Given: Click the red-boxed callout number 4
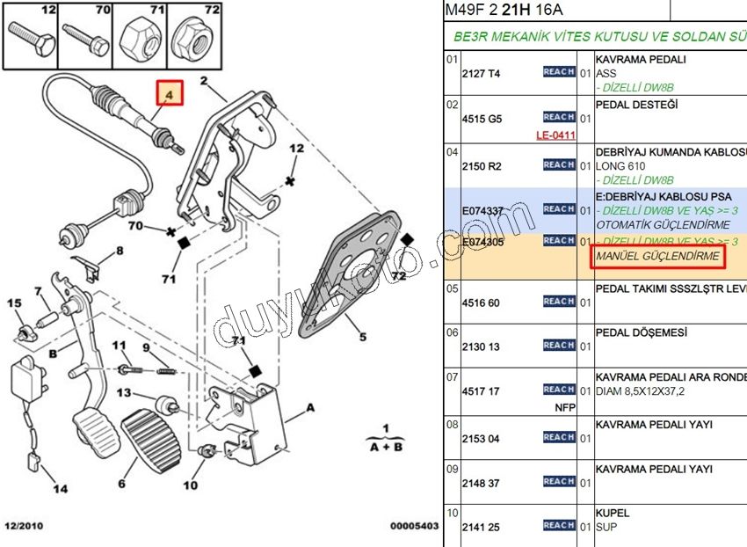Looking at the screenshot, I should coord(170,94).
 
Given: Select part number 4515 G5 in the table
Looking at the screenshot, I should coord(482,120).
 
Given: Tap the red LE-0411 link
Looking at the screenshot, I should coord(555,135).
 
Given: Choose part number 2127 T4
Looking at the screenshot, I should coord(481,75).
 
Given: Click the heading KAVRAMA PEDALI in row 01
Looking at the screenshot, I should coord(641,60).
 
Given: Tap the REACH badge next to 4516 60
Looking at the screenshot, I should coord(559,302).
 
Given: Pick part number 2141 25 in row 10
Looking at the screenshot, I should coord(482,528).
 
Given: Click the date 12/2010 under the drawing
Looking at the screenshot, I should coord(23,526).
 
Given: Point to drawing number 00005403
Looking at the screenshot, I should coord(414,526).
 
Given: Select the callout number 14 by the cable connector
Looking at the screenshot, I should coord(59,488).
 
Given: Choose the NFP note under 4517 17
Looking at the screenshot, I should coord(564,407).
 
